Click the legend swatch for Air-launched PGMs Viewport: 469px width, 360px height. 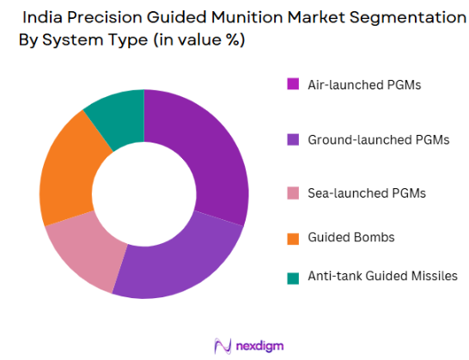293,84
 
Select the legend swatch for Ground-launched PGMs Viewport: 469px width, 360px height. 293,137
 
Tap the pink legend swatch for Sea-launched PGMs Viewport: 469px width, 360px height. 293,192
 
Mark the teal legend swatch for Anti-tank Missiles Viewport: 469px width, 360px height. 293,276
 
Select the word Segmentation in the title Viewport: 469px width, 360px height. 394,16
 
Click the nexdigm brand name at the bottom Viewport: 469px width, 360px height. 260,345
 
